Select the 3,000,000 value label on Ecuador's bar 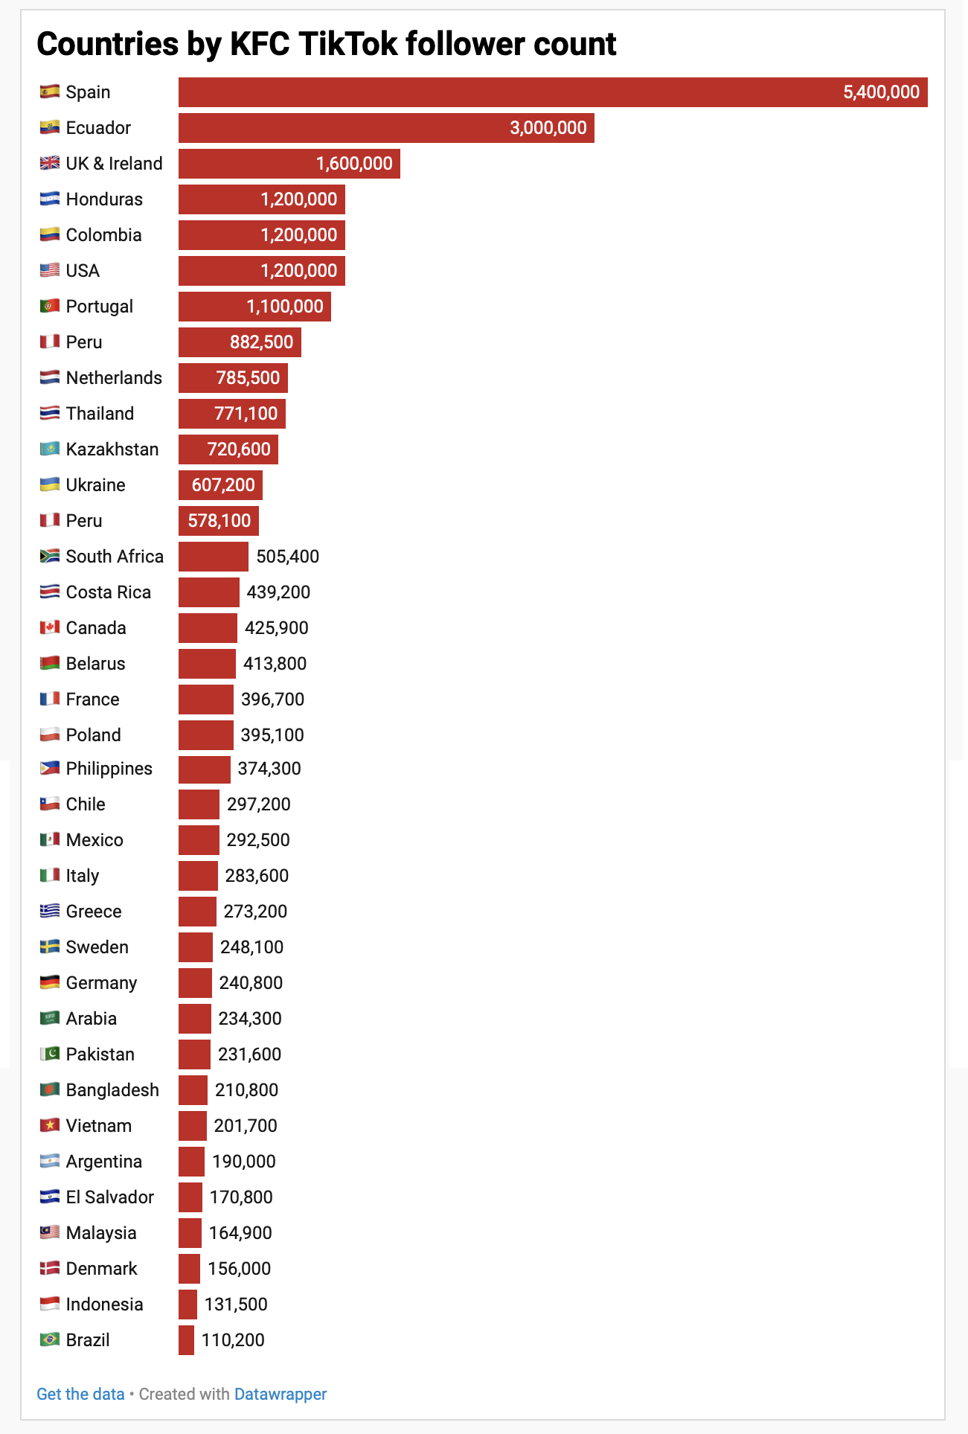click(x=548, y=128)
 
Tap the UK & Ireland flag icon click(x=50, y=163)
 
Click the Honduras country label click(x=104, y=199)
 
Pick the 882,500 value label click(x=261, y=342)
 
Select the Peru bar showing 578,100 click(x=218, y=521)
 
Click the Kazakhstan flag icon click(x=50, y=449)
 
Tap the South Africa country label click(x=115, y=557)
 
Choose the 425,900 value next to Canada click(x=276, y=628)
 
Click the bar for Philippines click(x=204, y=769)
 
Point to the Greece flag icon click(x=50, y=911)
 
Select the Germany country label click(x=101, y=983)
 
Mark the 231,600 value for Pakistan click(x=249, y=1054)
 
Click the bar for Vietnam click(x=192, y=1126)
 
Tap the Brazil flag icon click(x=50, y=1339)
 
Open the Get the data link click(x=80, y=1394)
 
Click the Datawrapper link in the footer click(x=280, y=1394)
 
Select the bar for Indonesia click(x=187, y=1305)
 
